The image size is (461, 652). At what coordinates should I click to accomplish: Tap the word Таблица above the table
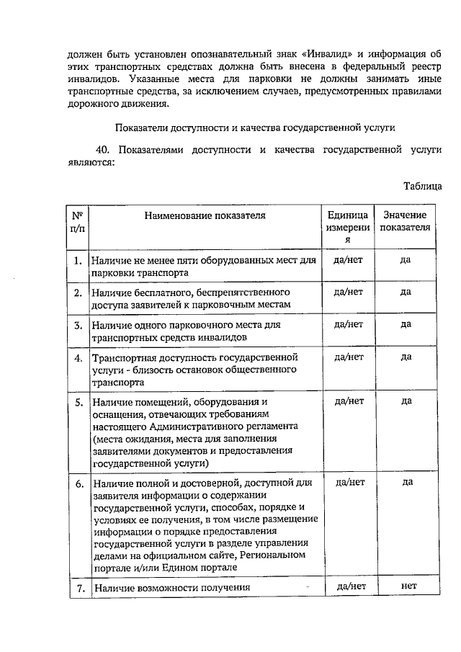[422, 187]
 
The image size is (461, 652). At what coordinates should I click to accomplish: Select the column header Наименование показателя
[205, 215]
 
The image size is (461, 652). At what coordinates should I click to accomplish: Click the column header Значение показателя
[405, 220]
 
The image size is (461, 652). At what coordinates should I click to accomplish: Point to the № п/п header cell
[77, 220]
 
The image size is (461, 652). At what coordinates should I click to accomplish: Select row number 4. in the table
[77, 357]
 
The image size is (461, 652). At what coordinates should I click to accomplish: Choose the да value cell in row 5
[406, 401]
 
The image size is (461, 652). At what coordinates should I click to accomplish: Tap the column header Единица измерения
[348, 228]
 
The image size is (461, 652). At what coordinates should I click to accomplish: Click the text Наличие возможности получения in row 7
[171, 588]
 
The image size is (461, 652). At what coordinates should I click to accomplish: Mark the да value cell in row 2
[406, 292]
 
